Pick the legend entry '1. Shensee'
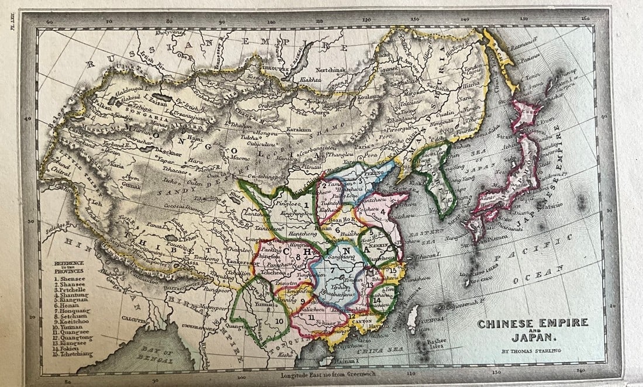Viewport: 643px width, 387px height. click(x=70, y=279)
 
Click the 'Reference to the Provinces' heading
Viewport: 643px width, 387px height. click(x=69, y=267)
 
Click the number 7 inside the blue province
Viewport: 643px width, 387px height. click(x=331, y=270)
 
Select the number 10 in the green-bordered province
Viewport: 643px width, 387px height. click(x=279, y=320)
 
